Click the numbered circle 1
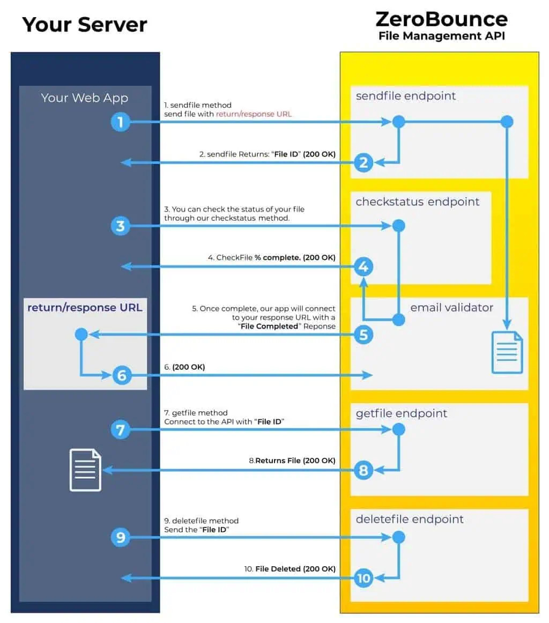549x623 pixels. (121, 122)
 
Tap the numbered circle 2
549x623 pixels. (363, 162)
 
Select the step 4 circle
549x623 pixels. (363, 266)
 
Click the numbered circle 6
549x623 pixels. (122, 375)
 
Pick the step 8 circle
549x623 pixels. (363, 470)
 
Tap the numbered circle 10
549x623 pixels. (363, 578)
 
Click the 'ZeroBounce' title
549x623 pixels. (441, 19)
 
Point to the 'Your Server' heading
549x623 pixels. (85, 25)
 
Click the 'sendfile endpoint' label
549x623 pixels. (405, 96)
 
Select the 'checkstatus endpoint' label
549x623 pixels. (417, 202)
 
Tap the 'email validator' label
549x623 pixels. (451, 308)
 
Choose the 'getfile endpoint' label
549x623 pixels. (401, 413)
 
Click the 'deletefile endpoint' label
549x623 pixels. (409, 519)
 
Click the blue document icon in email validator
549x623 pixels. (507, 352)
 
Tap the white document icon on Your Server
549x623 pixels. (85, 470)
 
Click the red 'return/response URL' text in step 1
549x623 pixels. (254, 114)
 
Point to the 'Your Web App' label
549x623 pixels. (85, 98)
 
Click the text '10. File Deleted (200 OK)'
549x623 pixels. (290, 568)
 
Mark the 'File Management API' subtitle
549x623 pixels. (442, 36)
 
